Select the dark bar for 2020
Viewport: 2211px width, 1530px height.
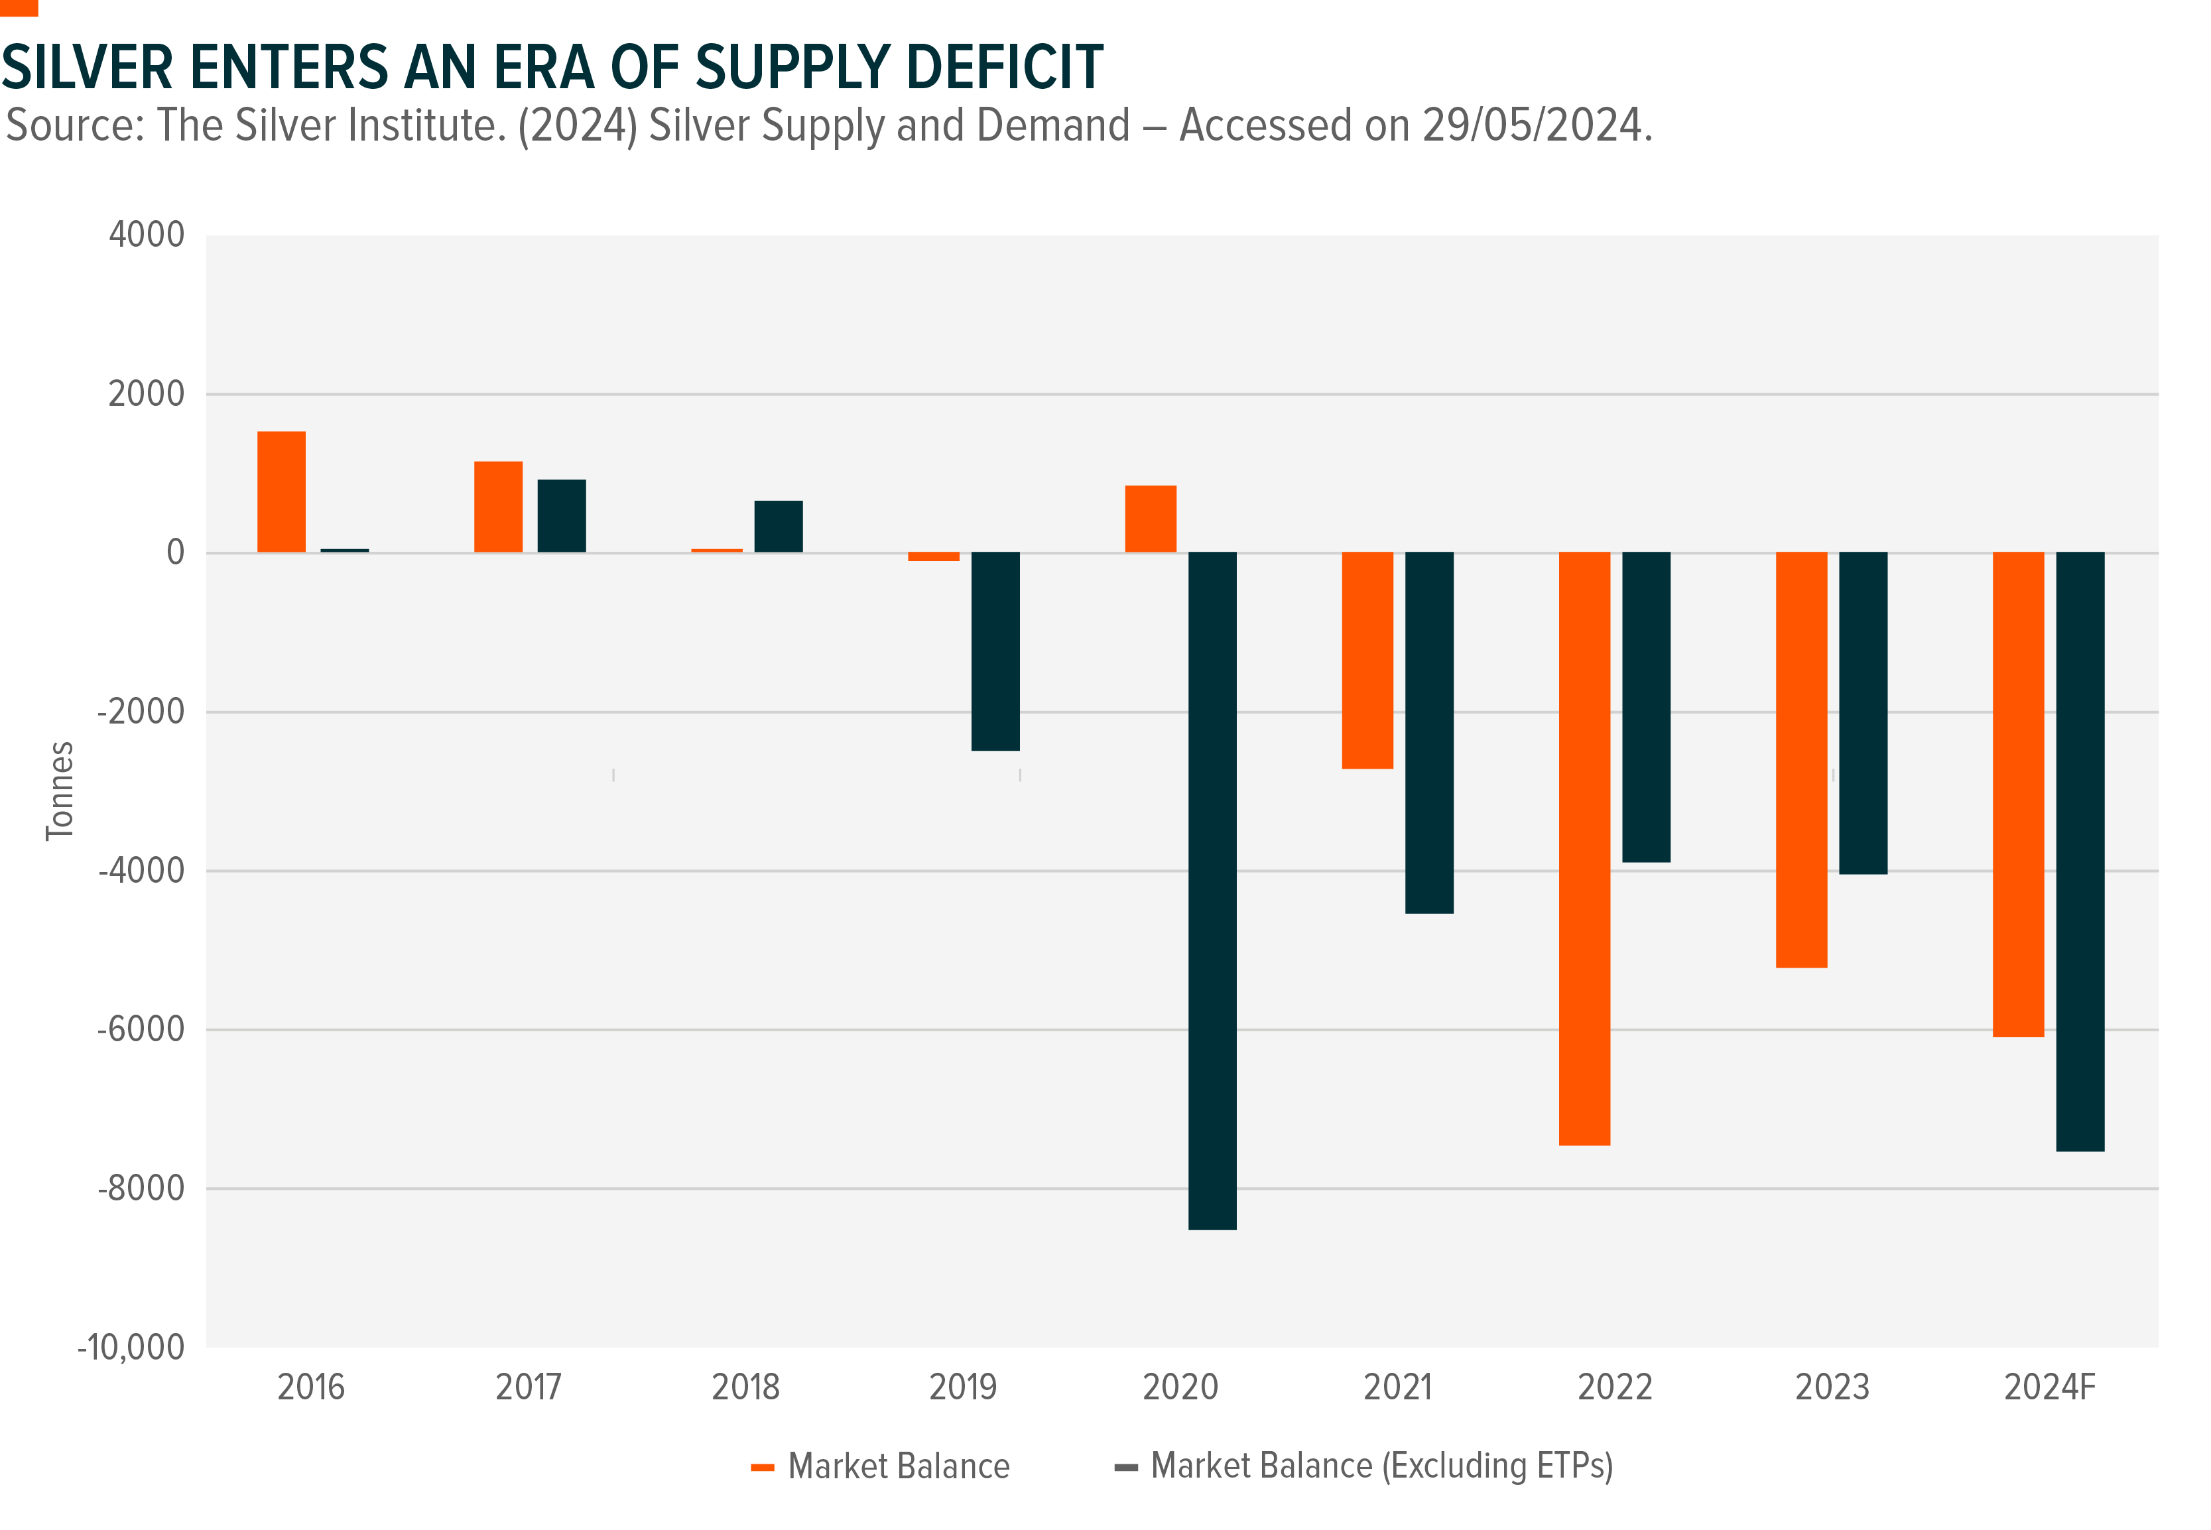(1212, 891)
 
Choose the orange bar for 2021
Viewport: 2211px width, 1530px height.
(1367, 661)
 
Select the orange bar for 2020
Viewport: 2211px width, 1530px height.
(1150, 519)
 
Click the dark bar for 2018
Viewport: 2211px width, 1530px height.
(778, 527)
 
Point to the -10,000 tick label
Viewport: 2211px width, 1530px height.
(131, 1347)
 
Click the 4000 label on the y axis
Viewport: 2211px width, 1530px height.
(146, 235)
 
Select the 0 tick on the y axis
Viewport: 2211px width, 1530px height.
(175, 552)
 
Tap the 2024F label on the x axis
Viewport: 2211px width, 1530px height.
(2049, 1387)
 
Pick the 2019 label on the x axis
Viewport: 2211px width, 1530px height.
(962, 1387)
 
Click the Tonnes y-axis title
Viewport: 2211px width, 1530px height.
(60, 791)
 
